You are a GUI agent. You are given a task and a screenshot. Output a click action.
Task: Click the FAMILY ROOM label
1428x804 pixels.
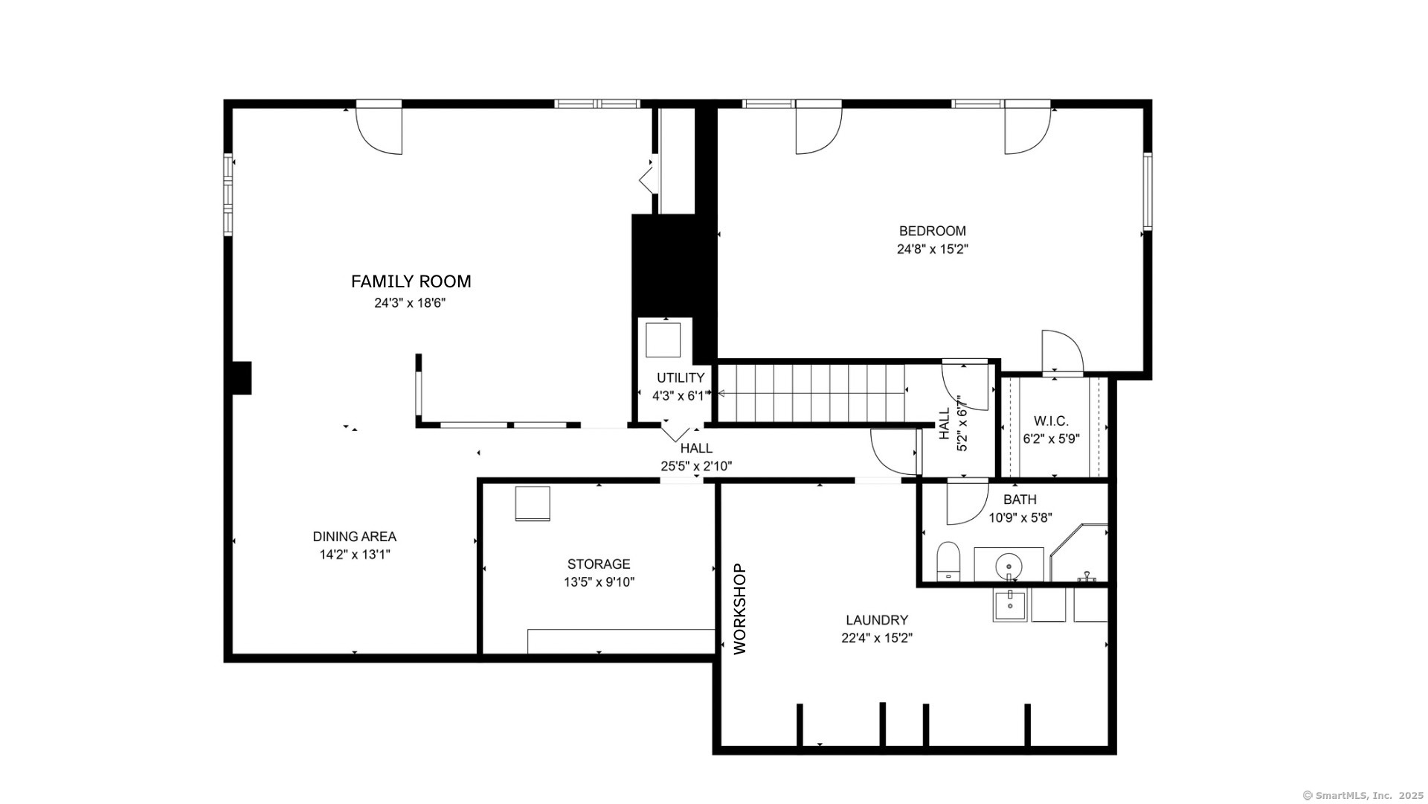(x=411, y=281)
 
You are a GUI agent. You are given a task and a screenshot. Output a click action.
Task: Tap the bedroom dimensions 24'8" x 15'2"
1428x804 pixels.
(x=932, y=249)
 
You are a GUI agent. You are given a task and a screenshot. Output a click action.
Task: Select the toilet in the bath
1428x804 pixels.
(x=948, y=561)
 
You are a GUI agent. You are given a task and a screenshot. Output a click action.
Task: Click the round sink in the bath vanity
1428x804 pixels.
(x=1009, y=565)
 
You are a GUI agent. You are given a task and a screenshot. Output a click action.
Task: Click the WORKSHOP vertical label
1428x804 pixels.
(x=739, y=609)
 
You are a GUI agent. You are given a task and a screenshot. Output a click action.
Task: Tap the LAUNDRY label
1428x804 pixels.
(x=877, y=620)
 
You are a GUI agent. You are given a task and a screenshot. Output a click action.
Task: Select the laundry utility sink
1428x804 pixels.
(x=1010, y=604)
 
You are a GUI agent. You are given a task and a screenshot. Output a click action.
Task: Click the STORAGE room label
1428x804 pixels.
(x=599, y=564)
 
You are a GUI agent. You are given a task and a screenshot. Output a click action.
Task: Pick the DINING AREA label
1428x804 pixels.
(x=354, y=537)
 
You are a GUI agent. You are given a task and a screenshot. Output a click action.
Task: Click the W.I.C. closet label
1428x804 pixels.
(x=1051, y=421)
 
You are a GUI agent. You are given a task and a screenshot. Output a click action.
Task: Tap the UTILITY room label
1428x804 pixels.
(x=680, y=378)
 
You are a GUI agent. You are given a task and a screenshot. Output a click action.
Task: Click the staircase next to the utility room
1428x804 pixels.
(x=811, y=392)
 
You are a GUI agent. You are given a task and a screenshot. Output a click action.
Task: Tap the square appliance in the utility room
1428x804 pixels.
(x=663, y=340)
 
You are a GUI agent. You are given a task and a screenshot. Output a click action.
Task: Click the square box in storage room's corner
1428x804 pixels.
(x=533, y=504)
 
